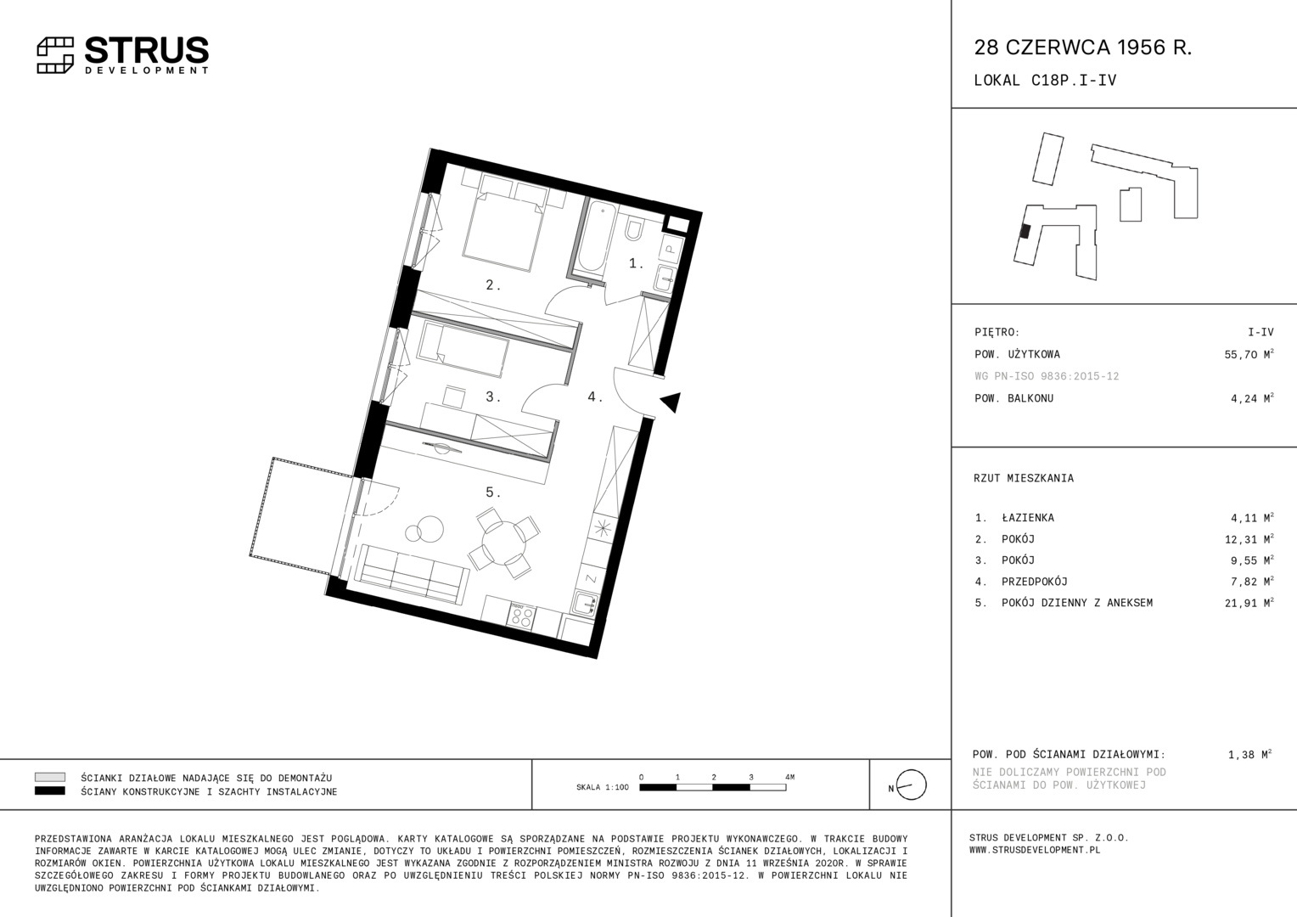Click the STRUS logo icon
[x=55, y=55]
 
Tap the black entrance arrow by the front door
[x=671, y=402]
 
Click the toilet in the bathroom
[x=633, y=229]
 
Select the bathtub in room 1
[x=593, y=238]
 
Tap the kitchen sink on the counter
[x=586, y=604]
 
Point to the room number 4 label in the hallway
[x=595, y=397]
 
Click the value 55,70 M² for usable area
[x=1249, y=354]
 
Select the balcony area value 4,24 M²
[x=1252, y=398]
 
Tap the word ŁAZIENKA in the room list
[x=1028, y=518]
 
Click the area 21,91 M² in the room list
[x=1249, y=603]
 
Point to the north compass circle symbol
[x=911, y=785]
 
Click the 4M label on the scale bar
[x=789, y=777]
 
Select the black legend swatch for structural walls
[x=50, y=790]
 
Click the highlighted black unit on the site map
[x=1025, y=232]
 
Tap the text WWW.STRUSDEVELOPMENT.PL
[x=1035, y=850]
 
